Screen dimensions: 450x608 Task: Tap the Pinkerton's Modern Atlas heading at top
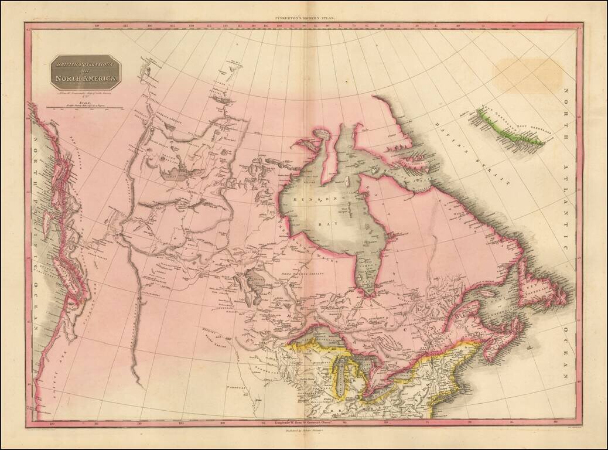coord(303,19)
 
